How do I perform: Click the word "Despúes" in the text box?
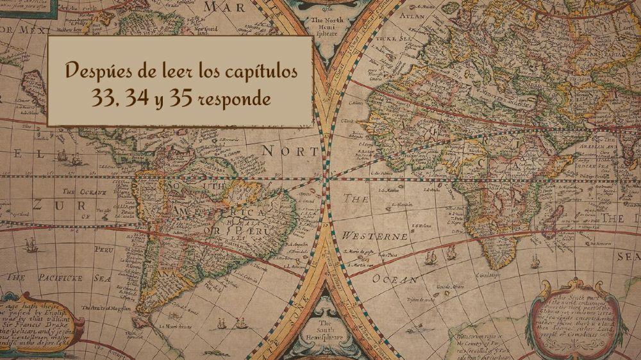tap(97, 71)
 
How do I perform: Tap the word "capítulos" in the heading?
tap(260, 71)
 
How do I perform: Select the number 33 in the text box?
tap(103, 99)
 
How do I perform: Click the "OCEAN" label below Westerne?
tap(395, 280)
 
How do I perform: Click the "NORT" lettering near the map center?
tap(289, 151)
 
